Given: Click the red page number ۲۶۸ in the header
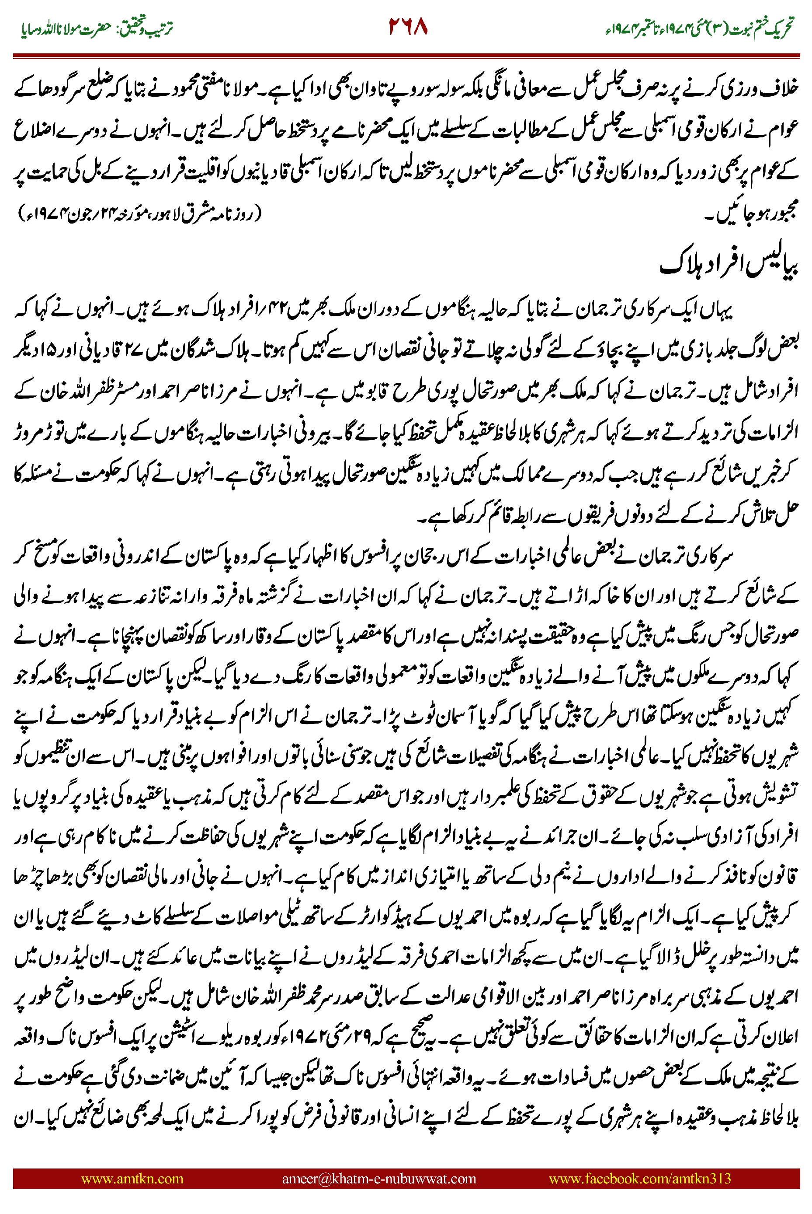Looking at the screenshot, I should (x=408, y=27).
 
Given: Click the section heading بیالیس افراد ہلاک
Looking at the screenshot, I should (x=729, y=264).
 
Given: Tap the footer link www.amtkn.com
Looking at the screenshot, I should (x=132, y=1179).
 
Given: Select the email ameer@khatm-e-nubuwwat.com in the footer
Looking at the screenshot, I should (x=378, y=1179).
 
